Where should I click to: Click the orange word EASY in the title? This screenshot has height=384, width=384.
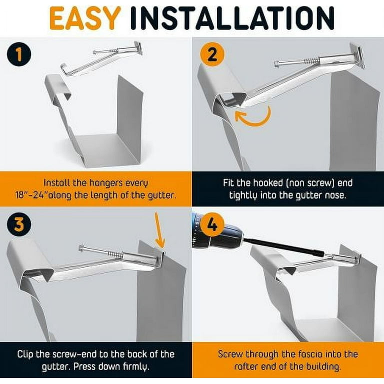(x=85, y=18)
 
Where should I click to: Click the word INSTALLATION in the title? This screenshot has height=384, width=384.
(x=232, y=18)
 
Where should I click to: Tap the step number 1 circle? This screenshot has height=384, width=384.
(x=19, y=54)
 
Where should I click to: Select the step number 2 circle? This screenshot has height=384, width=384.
(x=212, y=54)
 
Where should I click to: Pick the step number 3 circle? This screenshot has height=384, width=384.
(x=19, y=224)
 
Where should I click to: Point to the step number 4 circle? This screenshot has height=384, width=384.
(x=212, y=224)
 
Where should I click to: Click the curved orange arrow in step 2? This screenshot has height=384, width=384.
(x=257, y=121)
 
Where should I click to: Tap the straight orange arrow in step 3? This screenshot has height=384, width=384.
(x=159, y=230)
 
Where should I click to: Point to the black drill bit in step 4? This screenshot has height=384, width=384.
(x=284, y=247)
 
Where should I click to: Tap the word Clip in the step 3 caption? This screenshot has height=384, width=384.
(x=25, y=354)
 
